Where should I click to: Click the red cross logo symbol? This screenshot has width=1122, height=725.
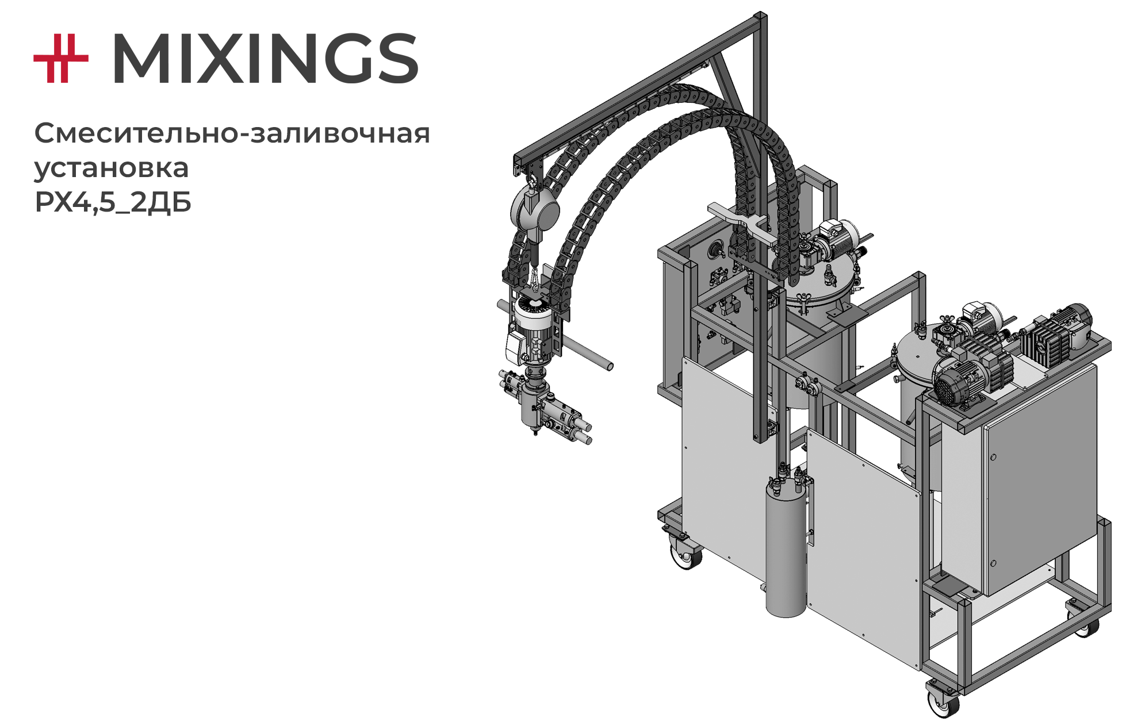coord(61,58)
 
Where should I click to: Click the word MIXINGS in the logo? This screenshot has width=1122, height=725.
coord(265,58)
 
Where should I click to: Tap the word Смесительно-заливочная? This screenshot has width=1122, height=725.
coord(232,133)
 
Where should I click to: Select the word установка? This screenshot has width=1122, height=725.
coord(112,168)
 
